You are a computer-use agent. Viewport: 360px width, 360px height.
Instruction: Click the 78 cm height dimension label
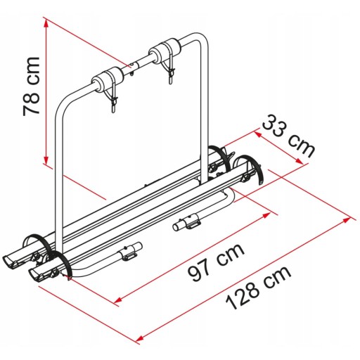tap(32, 86)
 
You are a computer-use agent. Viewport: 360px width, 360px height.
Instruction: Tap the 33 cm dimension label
tap(288, 136)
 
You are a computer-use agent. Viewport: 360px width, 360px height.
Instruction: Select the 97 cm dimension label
tap(216, 263)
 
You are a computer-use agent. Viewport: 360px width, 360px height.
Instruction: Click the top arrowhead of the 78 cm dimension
tap(46, 22)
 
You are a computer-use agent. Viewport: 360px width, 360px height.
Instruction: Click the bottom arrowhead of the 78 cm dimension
tap(46, 161)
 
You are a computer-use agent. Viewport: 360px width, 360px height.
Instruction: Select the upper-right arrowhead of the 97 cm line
tap(266, 215)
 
